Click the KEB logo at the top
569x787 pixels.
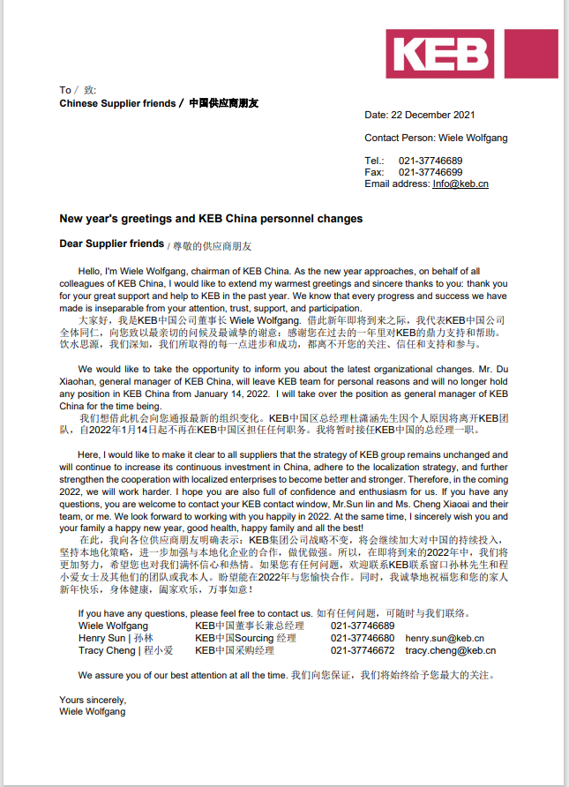tap(471, 53)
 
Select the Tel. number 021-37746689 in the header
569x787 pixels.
tap(430, 161)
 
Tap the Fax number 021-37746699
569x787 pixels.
tap(430, 172)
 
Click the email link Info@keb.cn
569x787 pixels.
tap(460, 184)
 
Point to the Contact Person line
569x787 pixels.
tap(436, 138)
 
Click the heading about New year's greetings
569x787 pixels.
tap(211, 219)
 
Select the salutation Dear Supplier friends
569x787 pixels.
tap(111, 244)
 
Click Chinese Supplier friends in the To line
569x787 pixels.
tap(117, 103)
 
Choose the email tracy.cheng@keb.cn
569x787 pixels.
tap(450, 650)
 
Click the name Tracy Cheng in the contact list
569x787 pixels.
tap(107, 650)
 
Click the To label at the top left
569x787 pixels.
tap(65, 90)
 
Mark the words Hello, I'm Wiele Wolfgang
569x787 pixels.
tap(131, 272)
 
